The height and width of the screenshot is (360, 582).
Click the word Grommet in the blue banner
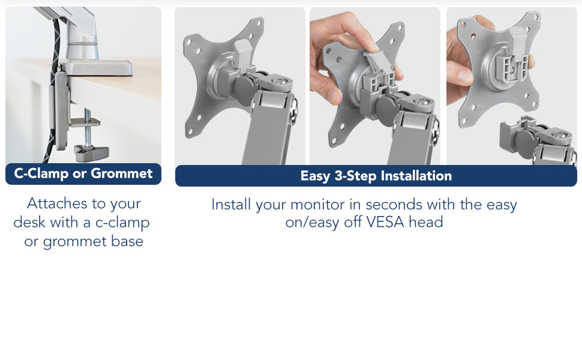(x=121, y=173)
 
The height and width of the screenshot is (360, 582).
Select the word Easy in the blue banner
(x=315, y=176)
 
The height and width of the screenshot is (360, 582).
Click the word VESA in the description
(x=385, y=222)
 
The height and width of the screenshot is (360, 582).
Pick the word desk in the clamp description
(x=29, y=223)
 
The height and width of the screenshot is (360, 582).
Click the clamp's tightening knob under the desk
(x=92, y=152)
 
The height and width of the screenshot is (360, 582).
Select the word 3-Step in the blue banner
(x=356, y=176)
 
